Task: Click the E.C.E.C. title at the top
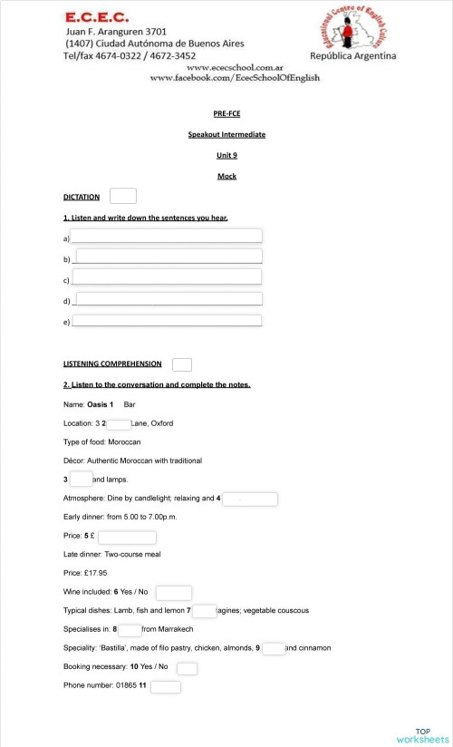97,17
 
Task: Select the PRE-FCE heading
226,113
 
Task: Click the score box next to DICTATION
122,196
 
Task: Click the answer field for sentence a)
167,237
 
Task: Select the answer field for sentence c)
167,277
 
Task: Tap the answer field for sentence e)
167,320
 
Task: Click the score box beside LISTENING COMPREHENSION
182,364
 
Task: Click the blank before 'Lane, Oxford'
119,423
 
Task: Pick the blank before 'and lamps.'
81,479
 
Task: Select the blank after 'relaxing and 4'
249,499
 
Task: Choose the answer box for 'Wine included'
174,593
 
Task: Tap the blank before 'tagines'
204,612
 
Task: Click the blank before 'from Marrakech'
130,630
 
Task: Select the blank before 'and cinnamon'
274,648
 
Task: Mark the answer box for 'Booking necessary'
187,668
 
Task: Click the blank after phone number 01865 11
165,687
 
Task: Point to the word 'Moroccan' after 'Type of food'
124,441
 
